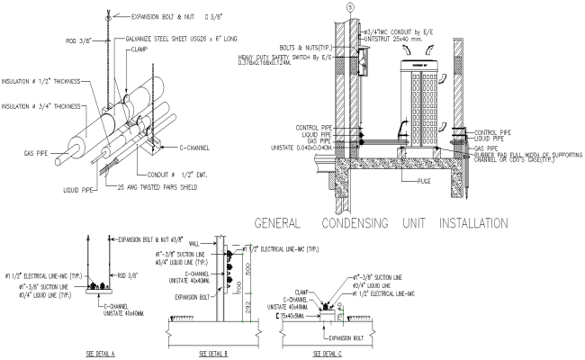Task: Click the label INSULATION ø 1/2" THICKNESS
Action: pyautogui.click(x=40, y=81)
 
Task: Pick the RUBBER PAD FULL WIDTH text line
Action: pyautogui.click(x=527, y=156)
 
